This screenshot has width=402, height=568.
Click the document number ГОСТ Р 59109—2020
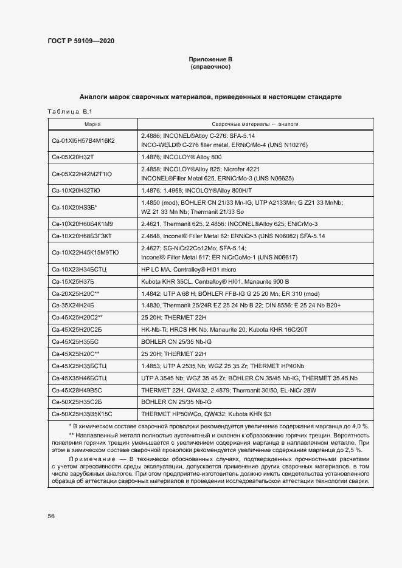click(80, 41)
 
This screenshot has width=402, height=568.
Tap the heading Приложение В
click(210, 59)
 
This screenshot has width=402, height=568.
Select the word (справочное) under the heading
click(210, 66)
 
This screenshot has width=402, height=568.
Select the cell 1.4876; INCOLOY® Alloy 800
click(181, 157)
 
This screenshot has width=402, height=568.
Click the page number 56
click(51, 516)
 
